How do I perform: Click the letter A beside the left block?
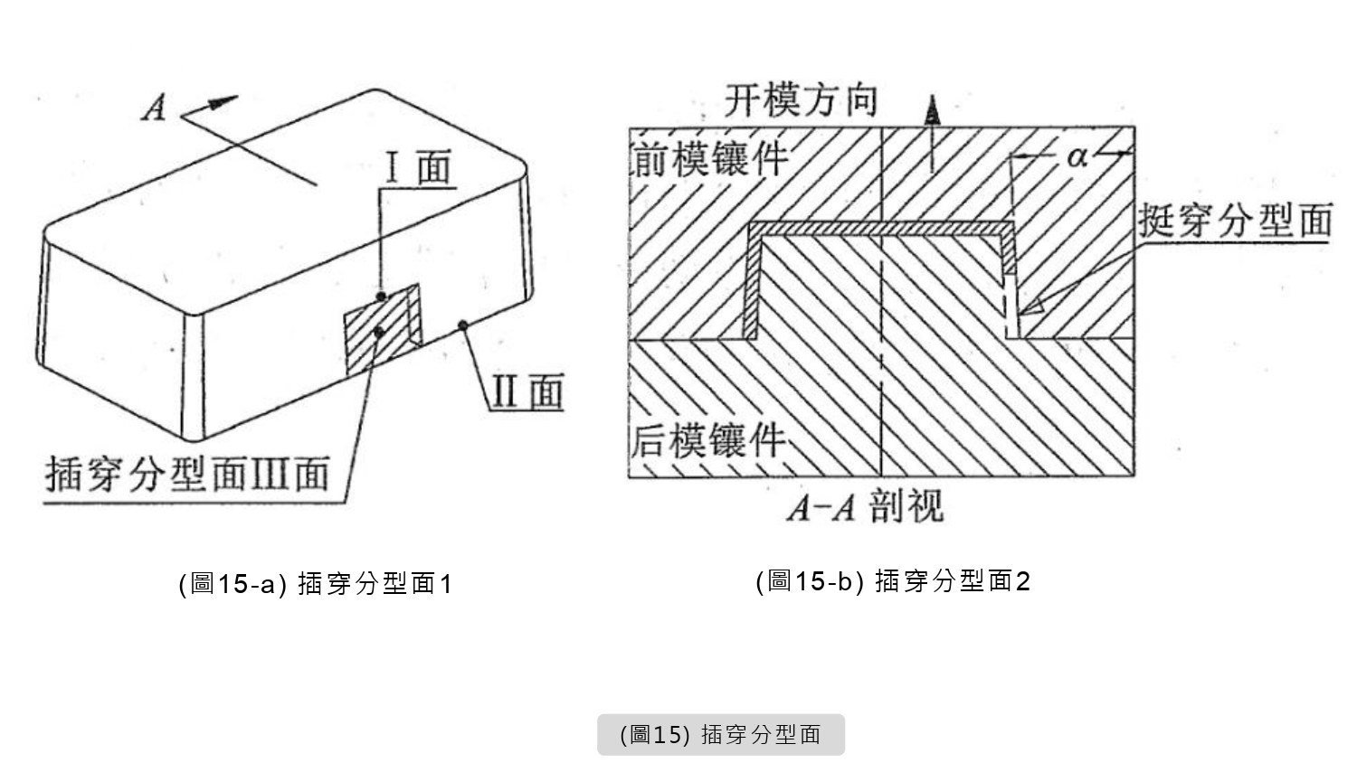point(156,109)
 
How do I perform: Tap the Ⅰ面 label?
point(418,168)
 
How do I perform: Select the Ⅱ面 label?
point(527,391)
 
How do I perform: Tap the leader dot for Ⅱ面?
point(462,325)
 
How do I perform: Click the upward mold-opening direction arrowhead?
point(932,110)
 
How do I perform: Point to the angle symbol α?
point(1077,157)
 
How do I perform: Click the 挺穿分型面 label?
point(1235,220)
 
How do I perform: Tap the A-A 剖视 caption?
point(865,506)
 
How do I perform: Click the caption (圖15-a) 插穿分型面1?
point(315,584)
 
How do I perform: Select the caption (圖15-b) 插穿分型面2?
point(893,580)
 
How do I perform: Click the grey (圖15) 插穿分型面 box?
point(720,734)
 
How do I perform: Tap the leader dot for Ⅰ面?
point(383,297)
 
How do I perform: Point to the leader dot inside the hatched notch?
point(377,332)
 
